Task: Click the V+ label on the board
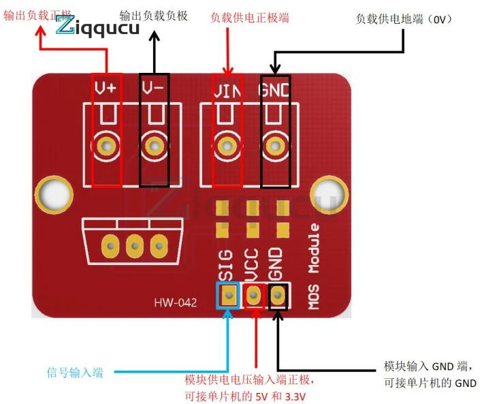pyautogui.click(x=106, y=88)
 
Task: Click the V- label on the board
pyautogui.click(x=153, y=88)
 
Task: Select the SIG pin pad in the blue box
pyautogui.click(x=229, y=296)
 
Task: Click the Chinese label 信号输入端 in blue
pyautogui.click(x=75, y=373)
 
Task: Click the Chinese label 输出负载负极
pyautogui.click(x=153, y=15)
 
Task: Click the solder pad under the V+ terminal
pyautogui.click(x=106, y=145)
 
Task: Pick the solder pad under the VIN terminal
pyautogui.click(x=225, y=145)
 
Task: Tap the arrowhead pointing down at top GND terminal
pyautogui.click(x=274, y=69)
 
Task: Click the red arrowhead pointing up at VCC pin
pyautogui.click(x=256, y=313)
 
